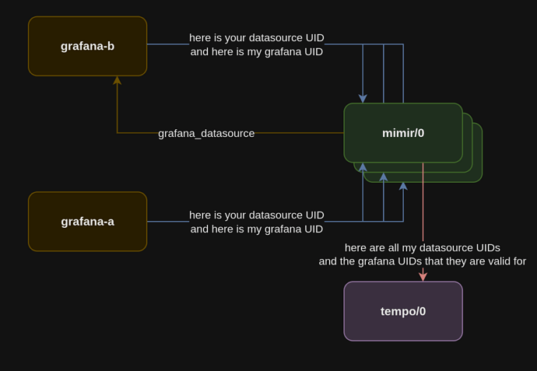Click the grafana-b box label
click(x=87, y=46)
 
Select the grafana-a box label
click(x=87, y=222)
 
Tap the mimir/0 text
click(x=403, y=133)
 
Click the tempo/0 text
click(x=403, y=311)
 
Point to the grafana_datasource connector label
click(x=206, y=134)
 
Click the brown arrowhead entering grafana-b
click(x=117, y=80)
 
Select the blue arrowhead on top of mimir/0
click(x=363, y=99)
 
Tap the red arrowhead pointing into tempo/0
click(x=423, y=277)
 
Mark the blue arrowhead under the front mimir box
click(x=363, y=167)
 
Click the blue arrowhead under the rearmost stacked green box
click(x=403, y=187)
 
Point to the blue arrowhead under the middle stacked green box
click(x=383, y=177)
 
